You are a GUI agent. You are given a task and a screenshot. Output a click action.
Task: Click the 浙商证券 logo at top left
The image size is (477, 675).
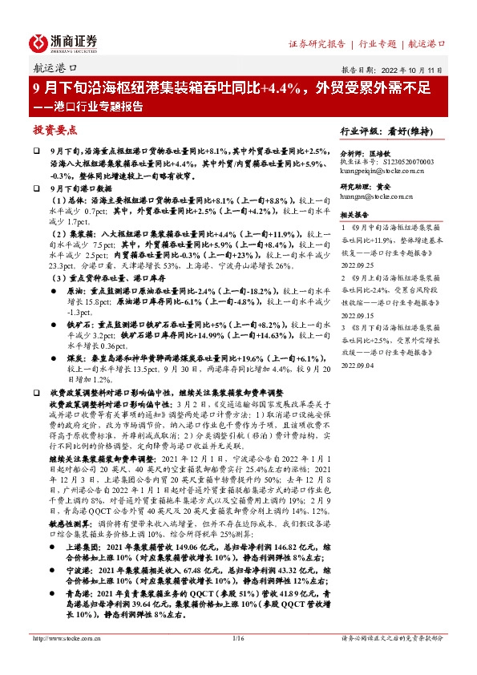(64, 42)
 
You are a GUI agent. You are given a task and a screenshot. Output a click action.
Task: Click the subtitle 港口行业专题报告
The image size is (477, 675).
(96, 106)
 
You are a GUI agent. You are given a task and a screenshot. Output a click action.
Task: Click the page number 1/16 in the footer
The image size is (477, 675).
(237, 661)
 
